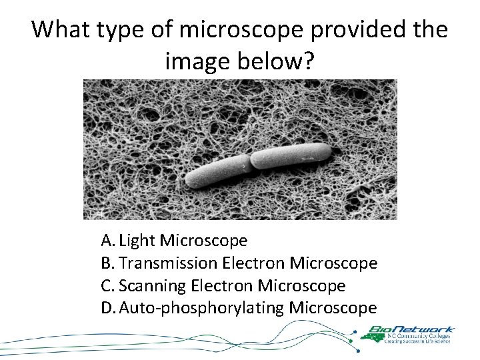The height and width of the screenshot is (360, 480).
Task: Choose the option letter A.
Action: [x=107, y=240]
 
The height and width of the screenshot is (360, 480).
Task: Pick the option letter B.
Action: [x=107, y=263]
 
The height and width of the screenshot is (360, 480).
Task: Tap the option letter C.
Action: [x=107, y=286]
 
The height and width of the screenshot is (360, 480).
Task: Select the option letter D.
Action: [x=107, y=308]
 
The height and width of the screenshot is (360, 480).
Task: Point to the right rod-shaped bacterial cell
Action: [x=290, y=155]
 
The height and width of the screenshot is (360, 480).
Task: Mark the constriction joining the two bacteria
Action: [x=250, y=162]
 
